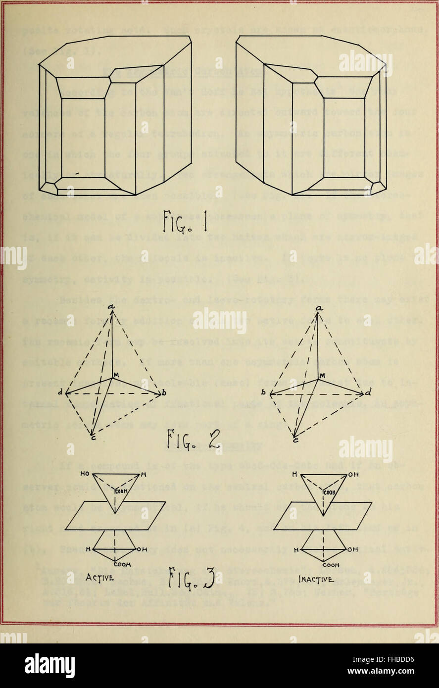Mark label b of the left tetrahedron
click(x=164, y=393)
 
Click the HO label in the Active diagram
click(x=85, y=473)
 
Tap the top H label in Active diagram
click(x=143, y=473)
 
